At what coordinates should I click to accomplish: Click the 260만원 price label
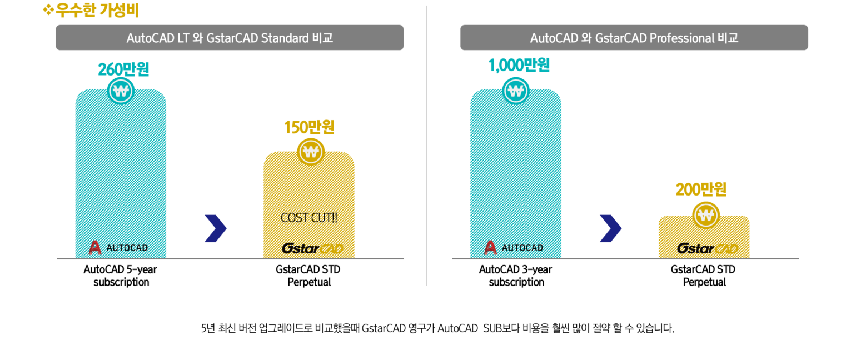pyautogui.click(x=123, y=69)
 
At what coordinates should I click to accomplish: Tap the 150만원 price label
pyautogui.click(x=309, y=128)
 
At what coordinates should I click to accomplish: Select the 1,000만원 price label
pyautogui.click(x=519, y=66)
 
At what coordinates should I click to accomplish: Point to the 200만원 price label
pyautogui.click(x=701, y=190)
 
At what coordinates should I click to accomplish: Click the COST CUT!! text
pyautogui.click(x=309, y=218)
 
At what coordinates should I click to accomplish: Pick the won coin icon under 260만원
pyautogui.click(x=121, y=91)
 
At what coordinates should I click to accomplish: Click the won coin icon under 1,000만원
pyautogui.click(x=516, y=91)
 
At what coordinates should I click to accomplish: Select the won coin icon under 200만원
pyautogui.click(x=706, y=215)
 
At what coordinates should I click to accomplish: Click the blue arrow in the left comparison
pyautogui.click(x=216, y=228)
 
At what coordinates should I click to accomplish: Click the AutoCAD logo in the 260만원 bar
pyautogui.click(x=118, y=248)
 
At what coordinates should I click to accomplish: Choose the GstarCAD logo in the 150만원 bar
pyautogui.click(x=312, y=248)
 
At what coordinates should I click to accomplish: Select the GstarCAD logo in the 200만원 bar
pyautogui.click(x=707, y=248)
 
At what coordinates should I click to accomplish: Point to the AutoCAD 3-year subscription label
pyautogui.click(x=516, y=276)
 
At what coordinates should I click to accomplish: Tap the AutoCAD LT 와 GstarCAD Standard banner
pyautogui.click(x=230, y=38)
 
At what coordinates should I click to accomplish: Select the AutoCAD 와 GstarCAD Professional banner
pyautogui.click(x=634, y=38)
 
